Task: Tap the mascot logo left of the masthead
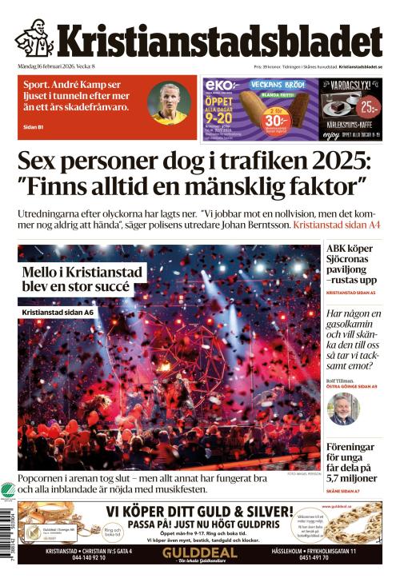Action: coord(34,38)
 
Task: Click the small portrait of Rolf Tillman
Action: coord(343,408)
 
